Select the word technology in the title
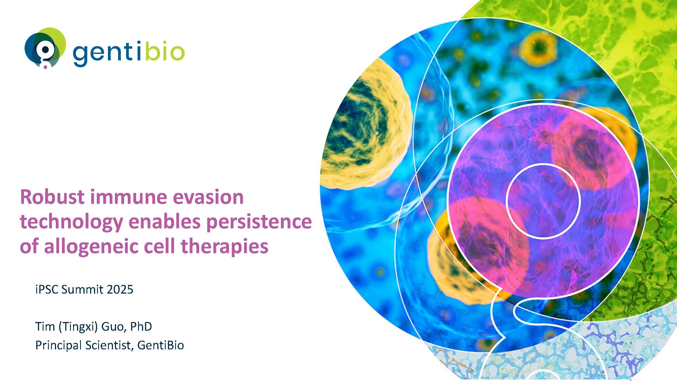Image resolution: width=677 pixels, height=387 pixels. tap(72, 222)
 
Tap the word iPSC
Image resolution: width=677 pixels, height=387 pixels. tap(47, 290)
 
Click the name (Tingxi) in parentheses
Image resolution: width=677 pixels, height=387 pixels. tap(78, 326)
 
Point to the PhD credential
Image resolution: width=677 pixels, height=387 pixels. tap(141, 326)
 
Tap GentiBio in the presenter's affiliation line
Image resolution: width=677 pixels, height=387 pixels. tap(161, 345)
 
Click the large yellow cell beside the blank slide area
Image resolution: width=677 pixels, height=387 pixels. tap(365, 124)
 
